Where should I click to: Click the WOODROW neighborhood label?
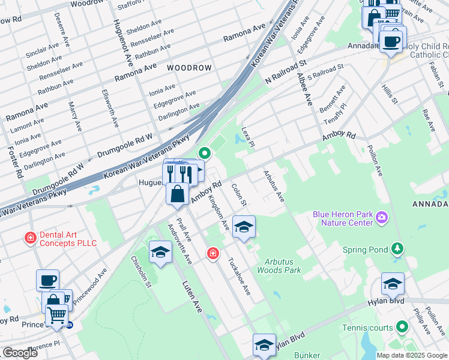point(189,68)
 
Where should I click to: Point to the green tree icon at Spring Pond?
point(396,248)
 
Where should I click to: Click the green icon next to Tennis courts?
point(402,328)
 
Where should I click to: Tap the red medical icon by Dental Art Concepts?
point(29,238)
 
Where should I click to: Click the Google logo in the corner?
point(20,352)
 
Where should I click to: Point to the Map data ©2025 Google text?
point(411,355)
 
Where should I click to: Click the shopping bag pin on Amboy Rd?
point(178,194)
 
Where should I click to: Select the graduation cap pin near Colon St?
point(244,227)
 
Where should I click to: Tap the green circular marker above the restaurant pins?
point(204,153)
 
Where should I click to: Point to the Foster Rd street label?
point(16,161)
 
